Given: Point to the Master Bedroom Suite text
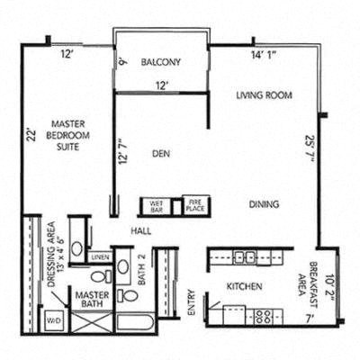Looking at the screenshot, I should click(x=74, y=135).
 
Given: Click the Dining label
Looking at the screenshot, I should click(x=264, y=203).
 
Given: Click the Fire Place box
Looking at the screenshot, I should click(x=193, y=205).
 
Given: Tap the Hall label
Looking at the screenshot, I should click(x=140, y=231).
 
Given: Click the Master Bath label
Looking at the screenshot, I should click(x=91, y=301).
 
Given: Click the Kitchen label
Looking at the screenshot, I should click(x=244, y=287).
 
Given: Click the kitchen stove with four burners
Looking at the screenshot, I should click(x=263, y=316).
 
